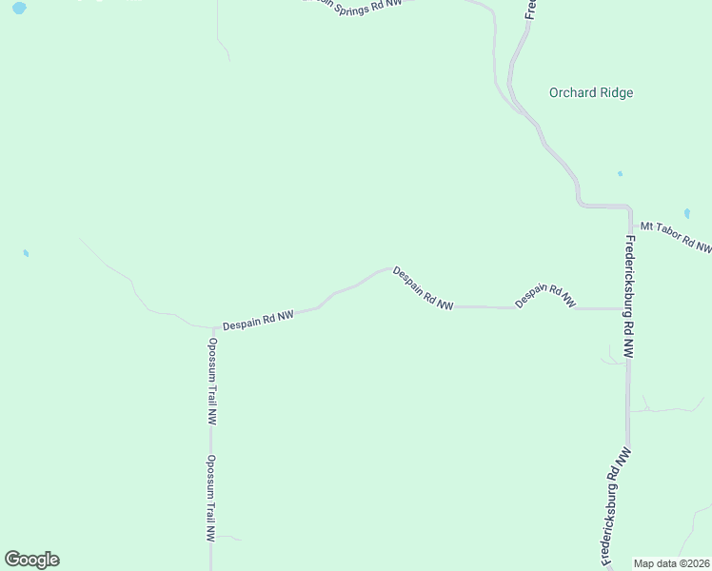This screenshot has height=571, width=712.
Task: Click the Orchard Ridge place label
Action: (591, 93)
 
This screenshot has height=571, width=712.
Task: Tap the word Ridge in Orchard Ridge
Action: (615, 93)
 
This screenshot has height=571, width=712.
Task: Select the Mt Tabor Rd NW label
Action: (675, 237)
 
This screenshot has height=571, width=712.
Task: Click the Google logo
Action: (31, 560)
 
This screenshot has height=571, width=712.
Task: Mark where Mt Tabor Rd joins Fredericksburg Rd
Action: (628, 225)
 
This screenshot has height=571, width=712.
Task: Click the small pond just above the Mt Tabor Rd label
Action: (687, 213)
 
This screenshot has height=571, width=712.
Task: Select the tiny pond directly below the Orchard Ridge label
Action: (620, 174)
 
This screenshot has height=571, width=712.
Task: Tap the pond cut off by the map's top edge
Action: (19, 7)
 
